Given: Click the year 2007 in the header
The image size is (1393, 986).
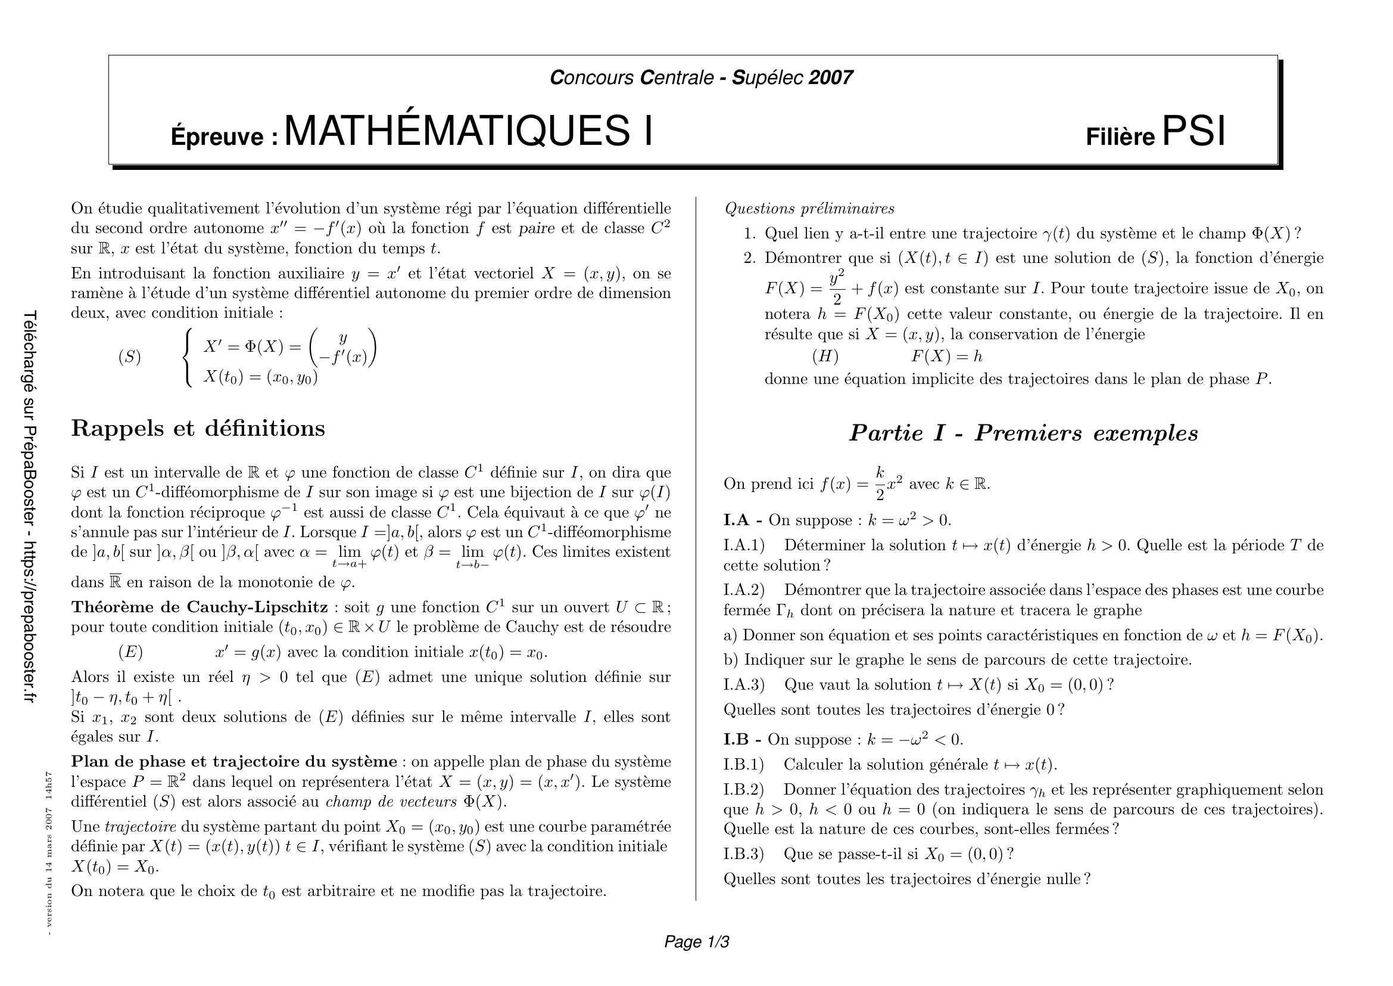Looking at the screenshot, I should click(831, 77).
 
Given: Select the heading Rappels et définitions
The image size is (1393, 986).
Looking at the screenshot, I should click(198, 428).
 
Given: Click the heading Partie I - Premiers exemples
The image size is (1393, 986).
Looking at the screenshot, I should click(1023, 433).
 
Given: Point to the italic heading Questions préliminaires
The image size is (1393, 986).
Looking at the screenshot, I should click(809, 208).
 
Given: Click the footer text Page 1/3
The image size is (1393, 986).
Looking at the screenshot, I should click(697, 942).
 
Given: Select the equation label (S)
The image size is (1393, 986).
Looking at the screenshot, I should click(129, 357).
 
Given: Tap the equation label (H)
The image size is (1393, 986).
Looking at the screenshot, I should click(824, 356).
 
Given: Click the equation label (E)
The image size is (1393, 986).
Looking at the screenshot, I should click(130, 652).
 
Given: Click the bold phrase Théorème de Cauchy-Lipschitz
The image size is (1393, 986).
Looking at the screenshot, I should click(200, 607).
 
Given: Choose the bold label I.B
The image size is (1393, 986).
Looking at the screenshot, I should click(737, 739).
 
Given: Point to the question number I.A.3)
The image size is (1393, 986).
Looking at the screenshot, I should click(744, 685).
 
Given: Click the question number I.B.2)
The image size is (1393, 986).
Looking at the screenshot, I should click(743, 789).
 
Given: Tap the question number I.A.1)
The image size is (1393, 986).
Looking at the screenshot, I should click(744, 545).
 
